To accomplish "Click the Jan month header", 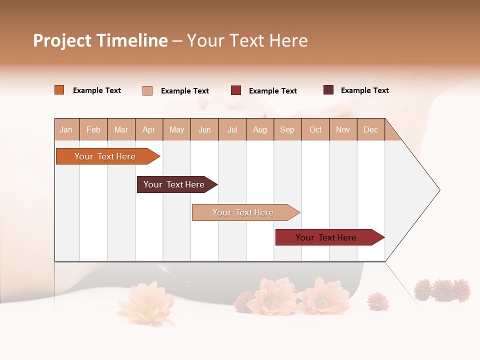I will [66, 129].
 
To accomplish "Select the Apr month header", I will [149, 129].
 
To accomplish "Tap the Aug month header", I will [260, 129].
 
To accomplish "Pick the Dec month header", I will [371, 129].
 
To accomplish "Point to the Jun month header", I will [204, 129].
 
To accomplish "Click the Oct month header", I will [315, 129].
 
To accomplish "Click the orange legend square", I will [59, 90].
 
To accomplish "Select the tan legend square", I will [147, 90].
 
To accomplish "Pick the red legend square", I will [236, 90].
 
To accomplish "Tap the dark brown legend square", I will [328, 90].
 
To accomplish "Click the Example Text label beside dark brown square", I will [364, 90].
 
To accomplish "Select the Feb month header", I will [93, 129].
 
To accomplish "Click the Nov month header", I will [343, 129].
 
